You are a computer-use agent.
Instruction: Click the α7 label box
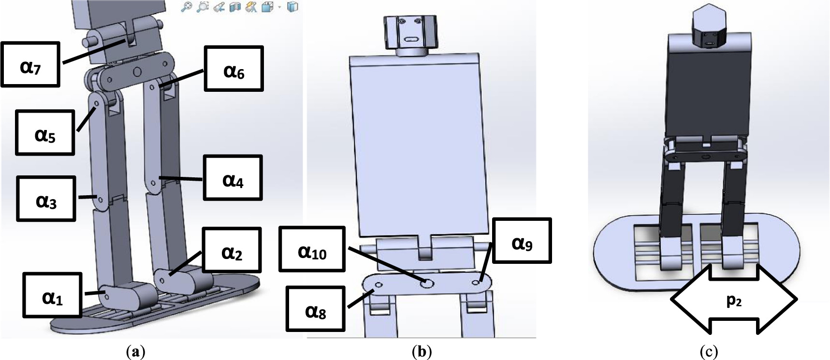30,64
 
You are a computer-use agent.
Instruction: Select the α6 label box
234,69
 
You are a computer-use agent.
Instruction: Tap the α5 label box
45,132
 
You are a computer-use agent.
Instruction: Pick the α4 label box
233,177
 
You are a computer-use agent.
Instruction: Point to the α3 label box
46,199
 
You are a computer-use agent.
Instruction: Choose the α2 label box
232,250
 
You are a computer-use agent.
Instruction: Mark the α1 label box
52,295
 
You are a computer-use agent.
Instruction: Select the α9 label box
522,241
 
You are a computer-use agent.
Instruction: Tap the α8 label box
316,309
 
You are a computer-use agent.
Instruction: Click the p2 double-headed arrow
733,300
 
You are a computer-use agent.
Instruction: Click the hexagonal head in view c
710,28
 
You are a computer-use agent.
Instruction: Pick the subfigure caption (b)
421,351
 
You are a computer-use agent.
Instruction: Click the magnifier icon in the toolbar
186,7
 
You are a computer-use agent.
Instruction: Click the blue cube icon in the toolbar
292,7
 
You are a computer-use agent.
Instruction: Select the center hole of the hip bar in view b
426,284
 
